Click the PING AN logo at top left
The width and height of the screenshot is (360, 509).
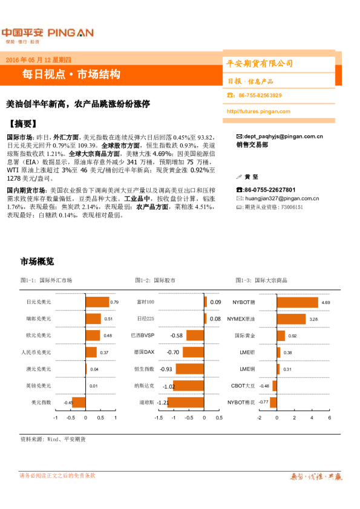(x=47, y=33)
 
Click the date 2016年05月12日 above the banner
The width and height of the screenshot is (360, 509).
(x=38, y=59)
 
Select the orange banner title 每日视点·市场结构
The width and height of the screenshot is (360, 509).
(x=71, y=74)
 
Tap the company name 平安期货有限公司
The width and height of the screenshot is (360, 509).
(x=260, y=63)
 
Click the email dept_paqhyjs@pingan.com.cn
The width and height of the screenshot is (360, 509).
(x=282, y=137)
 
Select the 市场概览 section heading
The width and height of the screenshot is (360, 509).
(x=37, y=262)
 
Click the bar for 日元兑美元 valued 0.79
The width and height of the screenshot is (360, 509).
(x=97, y=302)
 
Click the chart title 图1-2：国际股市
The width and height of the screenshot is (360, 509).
(x=157, y=280)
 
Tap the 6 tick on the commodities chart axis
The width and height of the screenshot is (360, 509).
(x=329, y=417)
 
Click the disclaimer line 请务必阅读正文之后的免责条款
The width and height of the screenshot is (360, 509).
(x=57, y=476)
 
